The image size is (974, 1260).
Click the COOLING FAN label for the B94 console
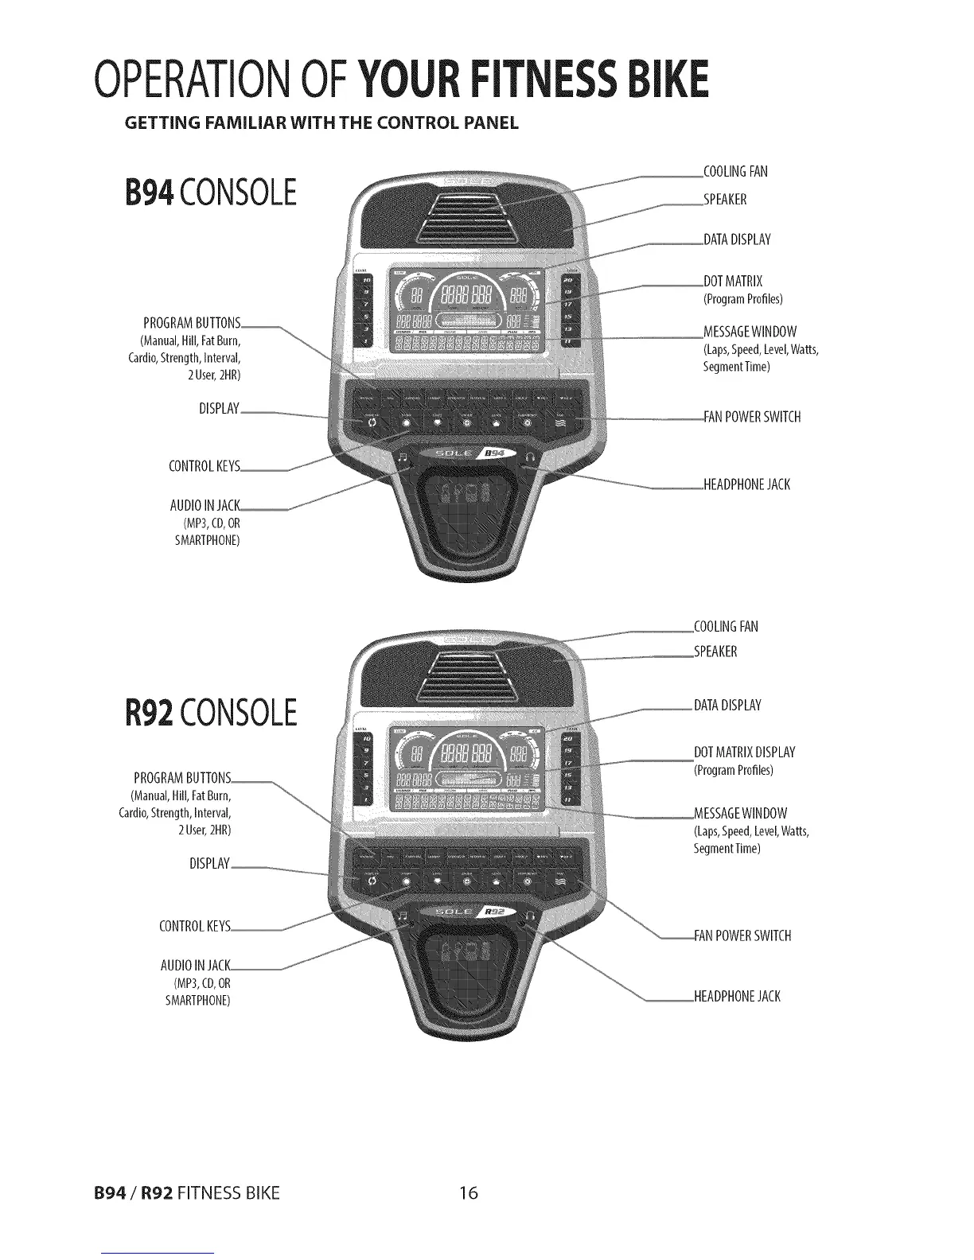[x=736, y=172]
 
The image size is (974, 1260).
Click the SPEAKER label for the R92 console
[x=716, y=652]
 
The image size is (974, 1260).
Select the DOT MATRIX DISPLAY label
[x=744, y=752]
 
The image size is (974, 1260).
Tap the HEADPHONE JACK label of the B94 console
[x=747, y=484]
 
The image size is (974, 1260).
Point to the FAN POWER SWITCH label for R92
[x=742, y=935]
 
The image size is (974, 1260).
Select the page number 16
[x=469, y=1193]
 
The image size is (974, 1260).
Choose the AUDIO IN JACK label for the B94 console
[x=205, y=505]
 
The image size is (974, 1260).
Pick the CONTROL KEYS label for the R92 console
[x=196, y=927]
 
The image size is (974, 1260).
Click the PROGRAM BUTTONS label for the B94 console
[x=192, y=323]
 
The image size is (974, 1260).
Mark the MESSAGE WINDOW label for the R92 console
[x=741, y=813]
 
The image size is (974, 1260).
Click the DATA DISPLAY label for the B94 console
[x=738, y=239]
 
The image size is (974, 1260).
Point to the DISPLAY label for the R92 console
[x=210, y=864]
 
